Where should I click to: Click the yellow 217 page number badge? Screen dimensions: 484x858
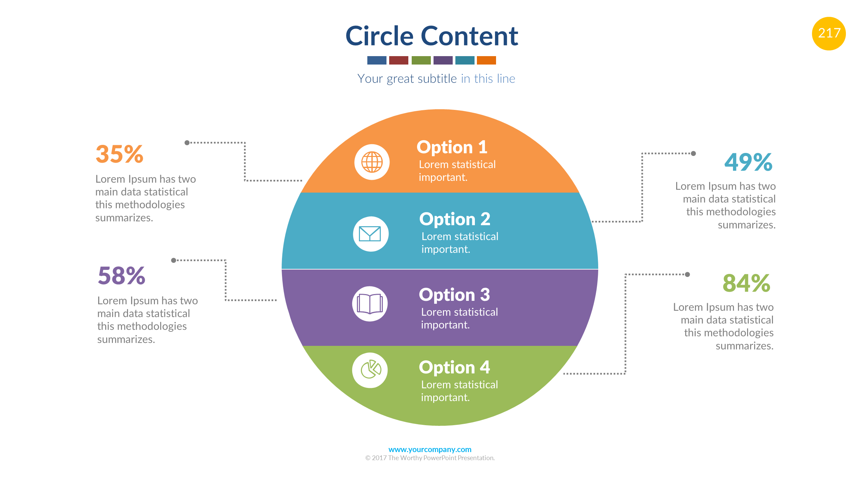(x=828, y=33)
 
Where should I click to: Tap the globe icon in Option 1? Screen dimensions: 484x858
(x=372, y=162)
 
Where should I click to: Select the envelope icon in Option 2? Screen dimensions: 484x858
(x=370, y=234)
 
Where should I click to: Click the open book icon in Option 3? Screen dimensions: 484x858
(x=370, y=304)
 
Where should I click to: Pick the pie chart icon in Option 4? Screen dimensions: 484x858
(x=370, y=370)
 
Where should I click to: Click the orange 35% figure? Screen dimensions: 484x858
(x=120, y=154)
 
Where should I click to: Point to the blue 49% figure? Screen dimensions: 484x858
(x=748, y=162)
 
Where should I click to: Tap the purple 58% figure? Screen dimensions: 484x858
(x=122, y=276)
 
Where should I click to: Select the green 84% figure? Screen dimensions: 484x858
(x=746, y=283)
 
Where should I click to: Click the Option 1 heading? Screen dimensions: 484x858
(x=452, y=147)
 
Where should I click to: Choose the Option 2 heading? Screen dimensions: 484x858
(x=455, y=219)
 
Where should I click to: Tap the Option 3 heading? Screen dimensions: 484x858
(x=454, y=295)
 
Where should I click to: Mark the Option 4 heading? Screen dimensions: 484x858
(x=454, y=367)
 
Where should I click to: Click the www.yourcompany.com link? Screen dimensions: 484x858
(x=430, y=449)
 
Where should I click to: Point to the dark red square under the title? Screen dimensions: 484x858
(x=399, y=61)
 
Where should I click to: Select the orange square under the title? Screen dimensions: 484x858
(x=486, y=61)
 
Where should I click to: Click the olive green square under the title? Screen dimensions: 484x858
(x=421, y=61)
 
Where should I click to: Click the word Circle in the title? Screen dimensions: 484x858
(x=379, y=36)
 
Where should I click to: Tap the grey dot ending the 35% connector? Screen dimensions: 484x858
(x=187, y=143)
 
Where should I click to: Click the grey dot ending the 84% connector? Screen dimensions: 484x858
(x=687, y=275)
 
